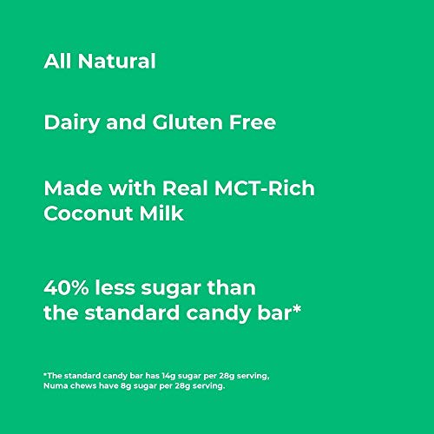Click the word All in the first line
[x=59, y=62]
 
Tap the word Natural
[x=116, y=62]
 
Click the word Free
[x=253, y=123]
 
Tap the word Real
[x=165, y=188]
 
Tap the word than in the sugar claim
[x=233, y=286]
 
